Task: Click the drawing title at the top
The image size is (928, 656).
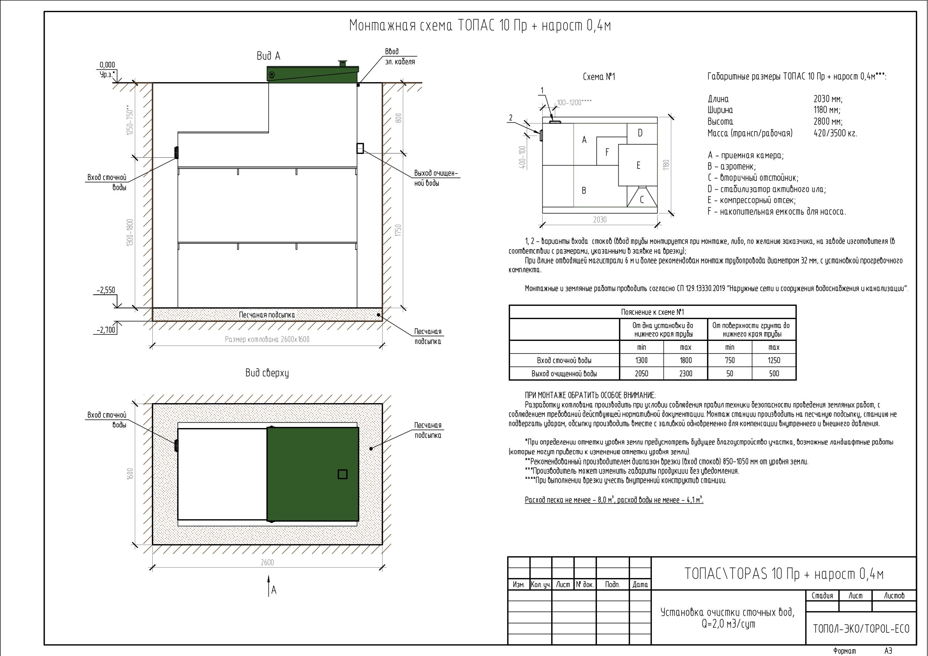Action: (480, 26)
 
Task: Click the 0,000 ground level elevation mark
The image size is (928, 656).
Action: (107, 65)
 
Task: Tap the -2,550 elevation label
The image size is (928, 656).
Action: (106, 290)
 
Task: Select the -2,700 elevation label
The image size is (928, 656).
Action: (106, 330)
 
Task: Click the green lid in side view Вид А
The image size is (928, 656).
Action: (312, 73)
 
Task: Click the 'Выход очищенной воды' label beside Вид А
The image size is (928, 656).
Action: (436, 178)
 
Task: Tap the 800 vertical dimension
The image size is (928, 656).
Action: (399, 118)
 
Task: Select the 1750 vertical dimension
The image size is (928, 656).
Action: (399, 231)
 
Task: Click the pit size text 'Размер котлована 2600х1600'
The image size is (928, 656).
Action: (267, 339)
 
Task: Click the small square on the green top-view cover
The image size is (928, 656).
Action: (342, 474)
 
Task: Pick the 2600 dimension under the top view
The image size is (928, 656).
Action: (267, 562)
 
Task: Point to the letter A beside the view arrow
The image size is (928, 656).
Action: (274, 590)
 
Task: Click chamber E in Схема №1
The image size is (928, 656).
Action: (638, 165)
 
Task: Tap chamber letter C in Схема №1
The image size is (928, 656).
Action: (642, 200)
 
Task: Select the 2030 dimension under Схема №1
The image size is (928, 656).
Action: (600, 219)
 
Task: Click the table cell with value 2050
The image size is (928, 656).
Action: (641, 374)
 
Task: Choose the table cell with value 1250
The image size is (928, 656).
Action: (774, 360)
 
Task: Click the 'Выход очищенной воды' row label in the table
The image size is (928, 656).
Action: (564, 374)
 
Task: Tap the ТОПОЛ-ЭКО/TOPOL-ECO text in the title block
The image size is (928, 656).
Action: (861, 629)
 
